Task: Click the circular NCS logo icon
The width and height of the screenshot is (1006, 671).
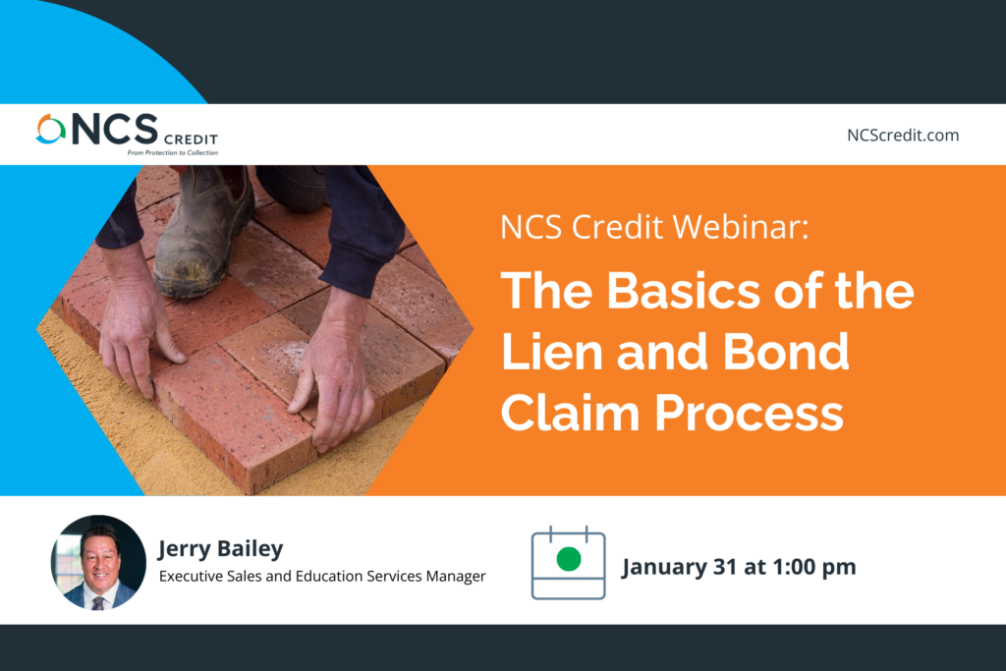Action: (x=51, y=129)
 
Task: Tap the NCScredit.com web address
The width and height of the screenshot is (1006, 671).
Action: (x=903, y=136)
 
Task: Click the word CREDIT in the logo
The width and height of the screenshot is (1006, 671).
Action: (x=192, y=140)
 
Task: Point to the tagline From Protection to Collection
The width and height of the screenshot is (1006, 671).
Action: (x=173, y=152)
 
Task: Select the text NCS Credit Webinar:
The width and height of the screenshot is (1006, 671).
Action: (x=654, y=227)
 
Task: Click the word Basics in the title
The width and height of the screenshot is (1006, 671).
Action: (x=684, y=291)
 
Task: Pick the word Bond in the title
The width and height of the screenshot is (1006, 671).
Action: (x=787, y=352)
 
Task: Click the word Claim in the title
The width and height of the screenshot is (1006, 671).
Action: (x=571, y=413)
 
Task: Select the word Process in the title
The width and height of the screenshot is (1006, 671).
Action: (x=749, y=413)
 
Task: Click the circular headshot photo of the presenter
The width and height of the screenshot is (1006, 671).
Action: (x=98, y=563)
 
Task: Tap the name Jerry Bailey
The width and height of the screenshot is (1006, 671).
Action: (x=221, y=549)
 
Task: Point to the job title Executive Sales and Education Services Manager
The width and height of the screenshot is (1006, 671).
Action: (x=322, y=576)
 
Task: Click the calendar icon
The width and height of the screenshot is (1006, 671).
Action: (x=569, y=563)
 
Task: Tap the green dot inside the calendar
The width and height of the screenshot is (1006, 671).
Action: (x=569, y=559)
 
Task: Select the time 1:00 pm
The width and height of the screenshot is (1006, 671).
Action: (x=814, y=567)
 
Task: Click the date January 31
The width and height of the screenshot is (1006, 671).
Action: (x=679, y=567)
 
